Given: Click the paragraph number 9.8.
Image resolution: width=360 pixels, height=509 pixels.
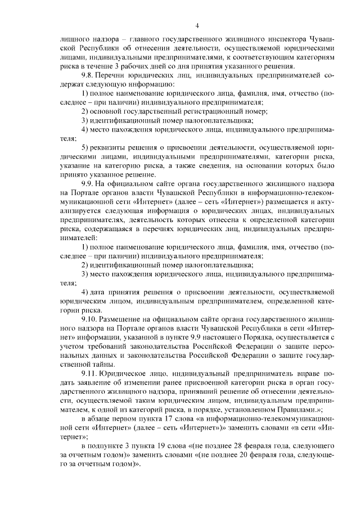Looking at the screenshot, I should point(88,75).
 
